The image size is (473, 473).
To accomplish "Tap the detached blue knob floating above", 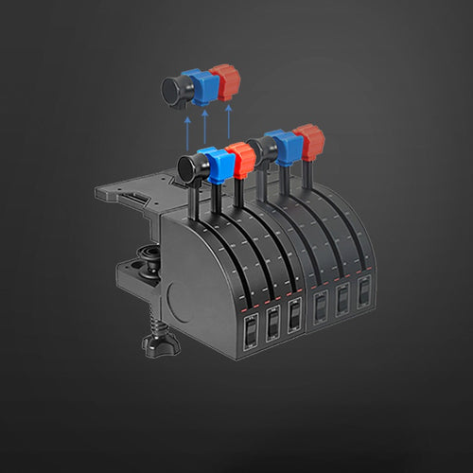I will point(201,85).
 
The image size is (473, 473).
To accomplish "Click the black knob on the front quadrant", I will point(192,164).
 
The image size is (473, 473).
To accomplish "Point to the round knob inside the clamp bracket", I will point(149,255).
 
